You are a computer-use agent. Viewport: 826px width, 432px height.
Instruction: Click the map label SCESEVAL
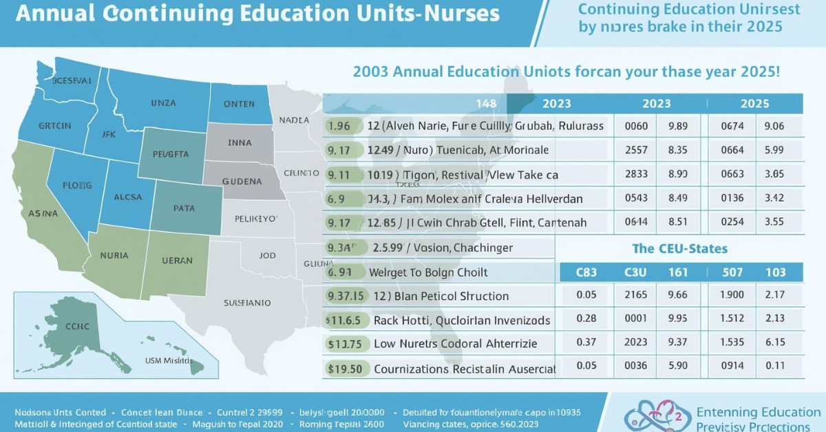(x=72, y=80)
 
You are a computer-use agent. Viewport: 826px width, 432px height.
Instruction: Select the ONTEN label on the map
(x=239, y=104)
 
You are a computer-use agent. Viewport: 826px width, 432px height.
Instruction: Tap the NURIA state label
(x=114, y=255)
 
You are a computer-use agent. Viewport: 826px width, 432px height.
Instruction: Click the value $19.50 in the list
(x=344, y=369)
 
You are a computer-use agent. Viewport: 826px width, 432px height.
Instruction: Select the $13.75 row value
(x=344, y=343)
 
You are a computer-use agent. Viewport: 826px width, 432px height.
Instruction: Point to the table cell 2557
(x=635, y=149)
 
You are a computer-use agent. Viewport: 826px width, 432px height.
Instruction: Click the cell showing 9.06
(x=774, y=126)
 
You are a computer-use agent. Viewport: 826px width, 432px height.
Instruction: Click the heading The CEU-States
(x=680, y=248)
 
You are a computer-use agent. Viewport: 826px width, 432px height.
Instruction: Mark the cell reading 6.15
(x=776, y=343)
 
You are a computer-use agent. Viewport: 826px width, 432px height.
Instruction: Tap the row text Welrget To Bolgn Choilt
(x=428, y=272)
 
